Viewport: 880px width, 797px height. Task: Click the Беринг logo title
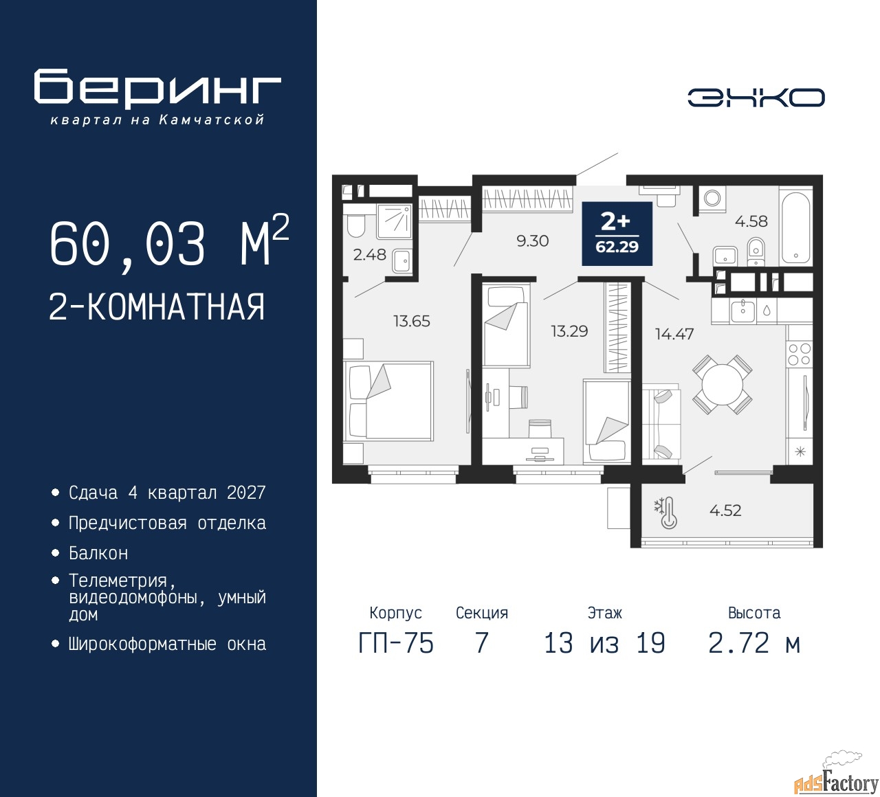click(x=157, y=89)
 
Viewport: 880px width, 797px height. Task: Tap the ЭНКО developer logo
click(x=756, y=98)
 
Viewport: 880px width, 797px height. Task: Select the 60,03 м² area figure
click(x=169, y=243)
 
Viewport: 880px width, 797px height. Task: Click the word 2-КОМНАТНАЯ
click(x=157, y=307)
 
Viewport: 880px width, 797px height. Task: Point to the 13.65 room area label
click(x=412, y=322)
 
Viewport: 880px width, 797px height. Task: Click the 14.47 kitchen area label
click(x=674, y=334)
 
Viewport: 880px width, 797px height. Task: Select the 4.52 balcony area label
click(x=725, y=510)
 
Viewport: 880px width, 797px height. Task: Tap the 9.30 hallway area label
click(x=533, y=241)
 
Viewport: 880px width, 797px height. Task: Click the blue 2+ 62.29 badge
click(x=617, y=234)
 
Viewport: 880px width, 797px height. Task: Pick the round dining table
click(x=723, y=385)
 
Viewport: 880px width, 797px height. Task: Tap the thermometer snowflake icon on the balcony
click(x=666, y=513)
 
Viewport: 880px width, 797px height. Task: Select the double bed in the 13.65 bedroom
click(x=388, y=401)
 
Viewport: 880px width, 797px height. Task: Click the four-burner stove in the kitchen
click(x=799, y=355)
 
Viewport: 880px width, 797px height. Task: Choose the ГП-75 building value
click(x=396, y=643)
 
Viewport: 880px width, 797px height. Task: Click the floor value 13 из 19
click(x=604, y=643)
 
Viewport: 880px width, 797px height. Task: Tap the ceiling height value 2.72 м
click(x=754, y=643)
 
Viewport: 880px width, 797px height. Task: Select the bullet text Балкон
click(x=98, y=553)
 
